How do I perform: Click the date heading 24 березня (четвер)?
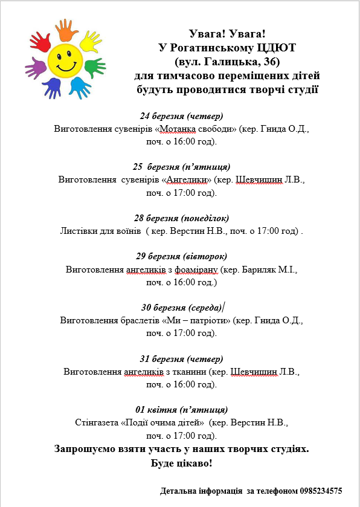[x=181, y=116]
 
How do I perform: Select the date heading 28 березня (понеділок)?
[x=181, y=218]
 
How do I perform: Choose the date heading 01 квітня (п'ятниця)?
[x=181, y=409]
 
